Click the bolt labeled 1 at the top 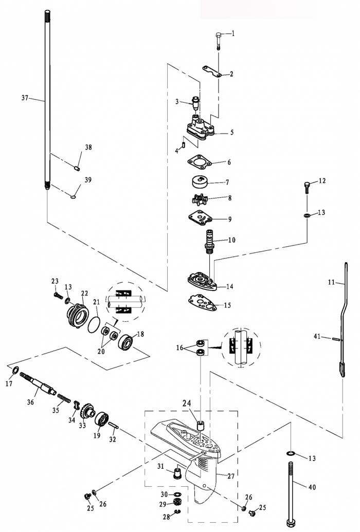[219, 41]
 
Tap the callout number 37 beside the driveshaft [25, 98]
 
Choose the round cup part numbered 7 [200, 182]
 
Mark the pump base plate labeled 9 [200, 217]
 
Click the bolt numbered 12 [307, 188]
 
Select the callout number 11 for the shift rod [332, 282]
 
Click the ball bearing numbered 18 [127, 341]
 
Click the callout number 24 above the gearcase [187, 403]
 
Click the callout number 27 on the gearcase [231, 476]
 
